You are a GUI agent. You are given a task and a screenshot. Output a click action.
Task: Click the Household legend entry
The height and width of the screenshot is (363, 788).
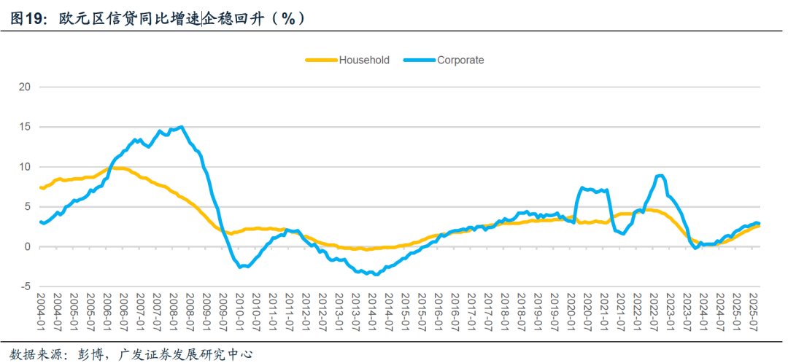coord(363,60)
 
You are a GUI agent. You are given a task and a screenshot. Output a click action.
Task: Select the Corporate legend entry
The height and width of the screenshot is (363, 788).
coord(460,60)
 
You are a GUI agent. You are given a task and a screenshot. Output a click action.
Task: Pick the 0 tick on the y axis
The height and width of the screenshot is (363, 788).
coord(27,246)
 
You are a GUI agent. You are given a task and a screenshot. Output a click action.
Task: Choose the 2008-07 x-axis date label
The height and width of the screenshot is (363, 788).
coord(190,311)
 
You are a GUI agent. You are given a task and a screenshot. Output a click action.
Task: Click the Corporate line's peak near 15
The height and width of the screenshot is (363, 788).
coord(181,127)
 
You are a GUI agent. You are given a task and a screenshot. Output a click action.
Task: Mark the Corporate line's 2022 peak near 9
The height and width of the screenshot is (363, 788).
coord(660,176)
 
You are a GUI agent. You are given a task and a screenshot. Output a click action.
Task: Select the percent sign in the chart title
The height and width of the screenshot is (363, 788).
coord(288,18)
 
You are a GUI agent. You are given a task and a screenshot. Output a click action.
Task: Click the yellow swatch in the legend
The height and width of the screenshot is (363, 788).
coord(320,60)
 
